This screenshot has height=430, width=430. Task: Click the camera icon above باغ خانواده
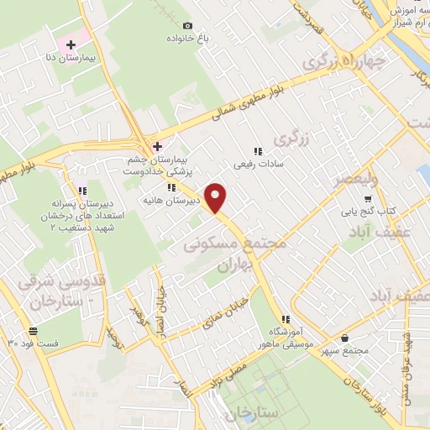coord(187,26)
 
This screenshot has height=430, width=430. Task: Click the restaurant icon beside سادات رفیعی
coord(257,149)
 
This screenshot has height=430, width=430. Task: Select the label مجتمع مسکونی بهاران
coord(234,253)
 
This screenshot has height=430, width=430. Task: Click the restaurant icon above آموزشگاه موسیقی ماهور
coord(286,319)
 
